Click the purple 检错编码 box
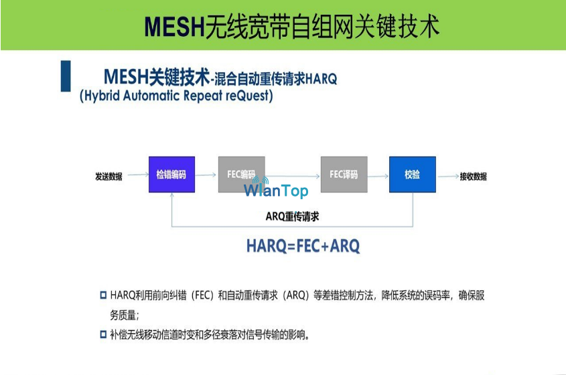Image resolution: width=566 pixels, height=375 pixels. coord(172,174)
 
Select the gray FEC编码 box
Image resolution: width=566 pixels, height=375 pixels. coord(242,174)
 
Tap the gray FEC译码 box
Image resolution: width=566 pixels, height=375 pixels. coord(344,174)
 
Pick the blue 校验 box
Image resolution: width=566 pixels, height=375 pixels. coord(412,174)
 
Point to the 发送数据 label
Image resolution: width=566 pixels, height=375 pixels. coord(109,176)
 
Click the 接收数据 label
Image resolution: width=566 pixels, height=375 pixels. coord(474,176)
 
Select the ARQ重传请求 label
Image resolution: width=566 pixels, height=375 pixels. coord(293,217)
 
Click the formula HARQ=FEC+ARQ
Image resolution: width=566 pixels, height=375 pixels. coord(303,246)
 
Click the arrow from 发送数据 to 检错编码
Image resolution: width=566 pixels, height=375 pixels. coord(138,174)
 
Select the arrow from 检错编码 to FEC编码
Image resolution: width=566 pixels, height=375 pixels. coord(206,175)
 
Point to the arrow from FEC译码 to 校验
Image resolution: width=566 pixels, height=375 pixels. coord(378,176)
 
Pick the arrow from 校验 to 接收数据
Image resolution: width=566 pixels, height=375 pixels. coord(448,176)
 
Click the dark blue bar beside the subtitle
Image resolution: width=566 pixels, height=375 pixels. coord(66,76)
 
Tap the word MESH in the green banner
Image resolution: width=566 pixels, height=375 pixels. coord(175,27)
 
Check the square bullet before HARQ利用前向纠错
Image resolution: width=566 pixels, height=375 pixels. coord(103,295)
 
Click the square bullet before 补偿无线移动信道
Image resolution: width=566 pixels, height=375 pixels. coord(103,335)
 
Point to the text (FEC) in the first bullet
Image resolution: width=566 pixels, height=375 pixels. coord(202,295)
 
